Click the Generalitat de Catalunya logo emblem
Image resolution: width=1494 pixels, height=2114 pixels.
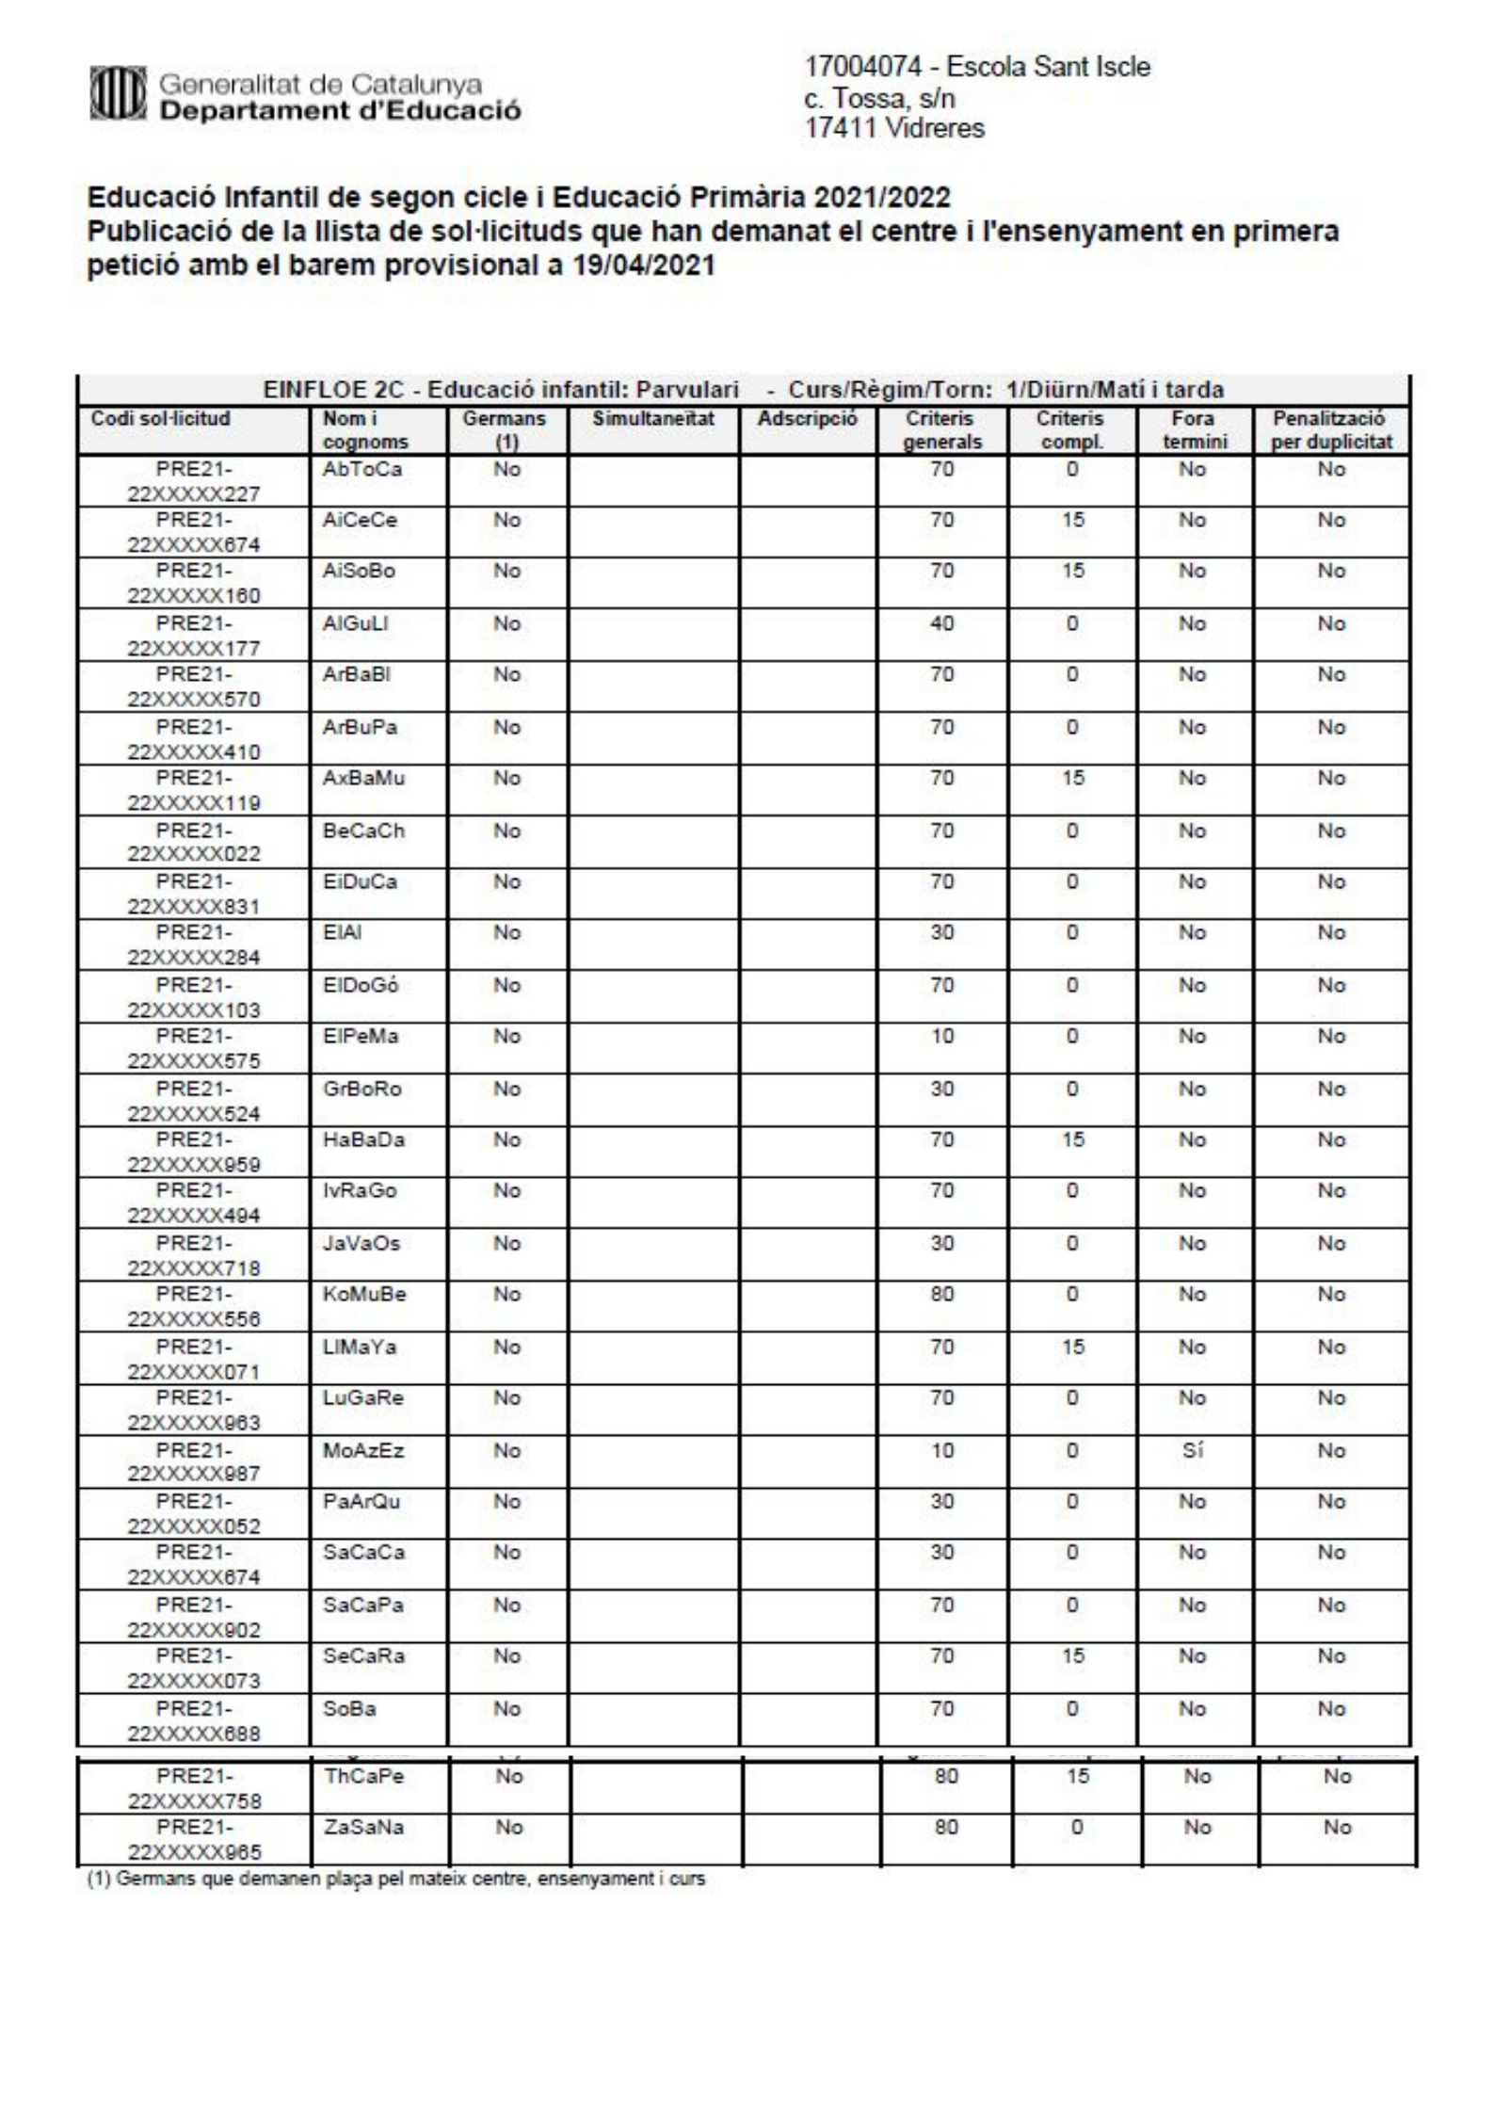(120, 98)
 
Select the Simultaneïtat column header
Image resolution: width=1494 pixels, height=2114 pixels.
(653, 419)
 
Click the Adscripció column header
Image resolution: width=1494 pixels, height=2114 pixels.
(808, 419)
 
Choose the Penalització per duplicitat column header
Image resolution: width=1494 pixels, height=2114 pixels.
(1331, 430)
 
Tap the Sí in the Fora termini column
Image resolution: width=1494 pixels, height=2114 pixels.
(1193, 1451)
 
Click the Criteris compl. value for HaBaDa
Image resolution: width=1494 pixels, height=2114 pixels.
(1072, 1140)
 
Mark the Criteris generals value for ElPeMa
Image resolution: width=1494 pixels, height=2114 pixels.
(942, 1037)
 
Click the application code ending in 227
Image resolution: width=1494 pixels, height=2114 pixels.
(194, 482)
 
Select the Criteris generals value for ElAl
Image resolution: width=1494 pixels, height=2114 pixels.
(942, 933)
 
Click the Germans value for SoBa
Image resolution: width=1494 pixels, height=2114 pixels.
(507, 1709)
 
